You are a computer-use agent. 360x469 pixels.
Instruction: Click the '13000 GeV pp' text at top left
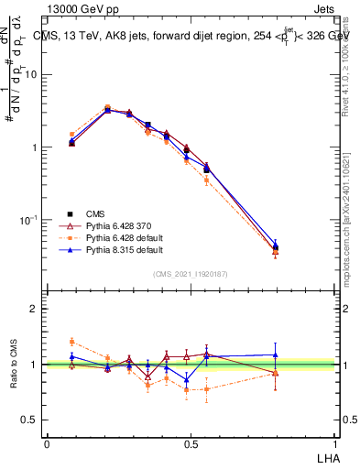coord(82,10)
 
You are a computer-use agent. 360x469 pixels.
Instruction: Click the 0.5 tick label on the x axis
coord(191,443)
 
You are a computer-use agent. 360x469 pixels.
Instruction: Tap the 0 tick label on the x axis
coord(47,443)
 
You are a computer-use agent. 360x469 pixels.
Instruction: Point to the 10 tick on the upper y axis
coord(31,74)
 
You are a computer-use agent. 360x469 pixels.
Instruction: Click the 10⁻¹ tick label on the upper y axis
coord(29,220)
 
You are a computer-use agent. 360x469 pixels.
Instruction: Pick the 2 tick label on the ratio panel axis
coord(35,309)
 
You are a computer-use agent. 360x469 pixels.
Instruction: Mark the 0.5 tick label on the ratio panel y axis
coord(31,420)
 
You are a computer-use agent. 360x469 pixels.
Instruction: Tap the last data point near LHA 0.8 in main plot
coord(276,247)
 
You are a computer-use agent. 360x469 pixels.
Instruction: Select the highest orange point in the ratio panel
coord(72,342)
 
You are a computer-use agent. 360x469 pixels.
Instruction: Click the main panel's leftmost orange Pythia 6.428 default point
coord(72,135)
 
